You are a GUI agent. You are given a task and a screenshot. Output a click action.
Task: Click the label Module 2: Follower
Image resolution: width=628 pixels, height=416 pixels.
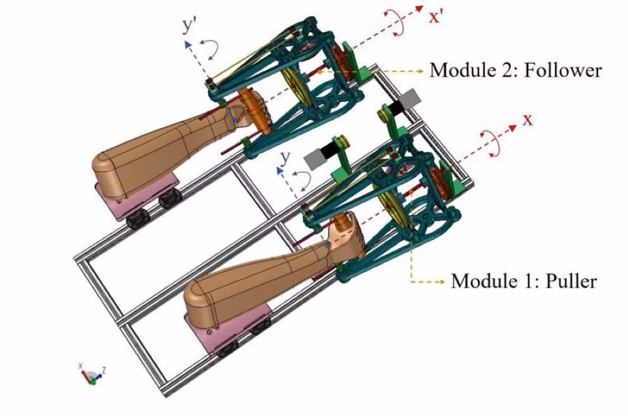(515, 70)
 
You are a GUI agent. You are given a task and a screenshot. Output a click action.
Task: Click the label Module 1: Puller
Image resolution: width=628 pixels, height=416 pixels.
(523, 281)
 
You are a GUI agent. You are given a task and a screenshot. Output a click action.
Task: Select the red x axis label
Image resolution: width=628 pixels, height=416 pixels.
(528, 120)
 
